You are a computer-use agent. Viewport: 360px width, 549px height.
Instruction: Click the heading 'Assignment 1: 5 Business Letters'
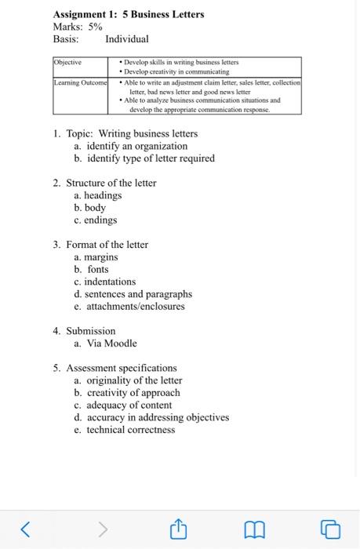tap(128, 14)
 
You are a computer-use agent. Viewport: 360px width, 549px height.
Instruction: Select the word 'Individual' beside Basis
tap(126, 39)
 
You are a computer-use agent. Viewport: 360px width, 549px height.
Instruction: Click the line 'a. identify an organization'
tap(131, 146)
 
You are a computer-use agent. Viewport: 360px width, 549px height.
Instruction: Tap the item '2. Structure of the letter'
tap(105, 183)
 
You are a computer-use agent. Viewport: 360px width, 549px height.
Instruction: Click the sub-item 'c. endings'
tap(95, 220)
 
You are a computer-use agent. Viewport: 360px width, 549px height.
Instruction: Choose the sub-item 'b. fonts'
tap(92, 269)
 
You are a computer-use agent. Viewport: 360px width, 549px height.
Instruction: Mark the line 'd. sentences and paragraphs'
tap(133, 294)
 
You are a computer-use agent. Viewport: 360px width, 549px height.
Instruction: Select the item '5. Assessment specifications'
tap(115, 368)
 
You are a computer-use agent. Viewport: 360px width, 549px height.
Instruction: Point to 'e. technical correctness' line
tap(125, 430)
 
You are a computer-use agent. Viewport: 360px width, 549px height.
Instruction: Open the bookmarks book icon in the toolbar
tap(254, 530)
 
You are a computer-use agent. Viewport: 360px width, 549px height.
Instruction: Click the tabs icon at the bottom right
tap(332, 530)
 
